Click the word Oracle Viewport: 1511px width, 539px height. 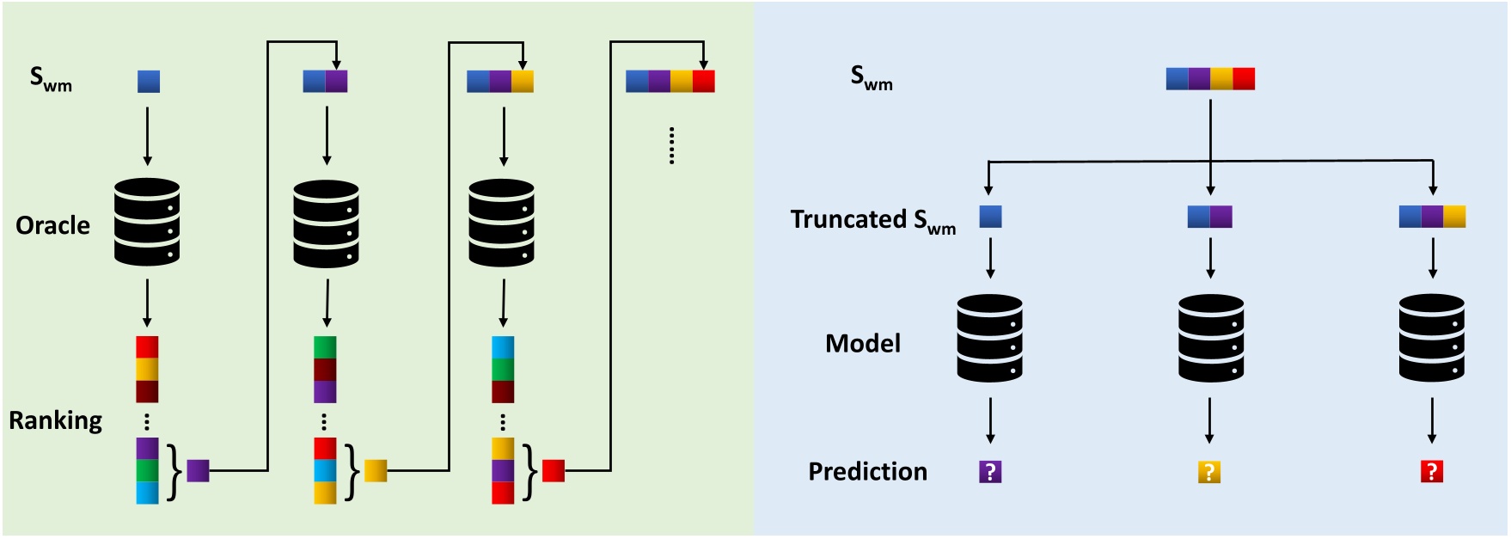[x=52, y=225]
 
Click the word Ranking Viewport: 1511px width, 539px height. [x=55, y=420]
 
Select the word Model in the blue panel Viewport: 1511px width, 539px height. [x=862, y=344]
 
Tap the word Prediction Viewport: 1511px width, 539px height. [x=867, y=472]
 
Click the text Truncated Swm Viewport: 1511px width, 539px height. [x=872, y=220]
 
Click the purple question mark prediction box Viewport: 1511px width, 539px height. [x=990, y=472]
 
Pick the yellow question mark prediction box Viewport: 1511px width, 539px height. [x=1209, y=472]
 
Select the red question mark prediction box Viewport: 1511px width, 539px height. [x=1431, y=471]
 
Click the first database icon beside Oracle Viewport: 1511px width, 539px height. [x=147, y=222]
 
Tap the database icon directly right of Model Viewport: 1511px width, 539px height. [x=989, y=338]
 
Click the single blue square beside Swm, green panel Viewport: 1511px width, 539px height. [x=149, y=82]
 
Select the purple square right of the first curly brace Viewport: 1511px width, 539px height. [x=199, y=471]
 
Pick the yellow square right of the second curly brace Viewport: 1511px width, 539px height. [x=376, y=471]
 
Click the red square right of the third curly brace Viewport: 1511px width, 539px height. [x=554, y=471]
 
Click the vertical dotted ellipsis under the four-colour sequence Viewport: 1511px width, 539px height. [x=671, y=145]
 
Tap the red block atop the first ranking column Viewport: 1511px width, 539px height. [x=147, y=347]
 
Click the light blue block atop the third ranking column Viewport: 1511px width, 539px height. [x=503, y=347]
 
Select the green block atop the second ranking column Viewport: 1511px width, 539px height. [x=325, y=347]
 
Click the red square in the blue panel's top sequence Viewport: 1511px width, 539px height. [x=1244, y=79]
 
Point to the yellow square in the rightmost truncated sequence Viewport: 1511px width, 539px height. [x=1454, y=217]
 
